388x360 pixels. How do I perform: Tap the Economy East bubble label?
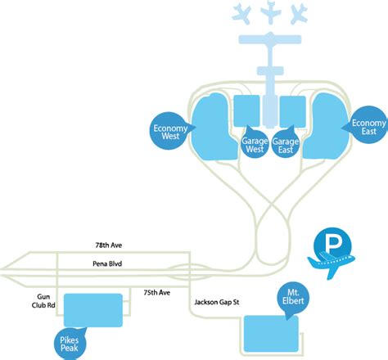click(368, 126)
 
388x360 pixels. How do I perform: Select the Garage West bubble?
click(255, 144)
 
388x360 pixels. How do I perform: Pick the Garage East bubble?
click(286, 145)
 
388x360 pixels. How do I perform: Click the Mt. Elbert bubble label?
click(293, 297)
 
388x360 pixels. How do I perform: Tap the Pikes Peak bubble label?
click(70, 344)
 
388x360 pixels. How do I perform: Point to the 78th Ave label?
click(109, 245)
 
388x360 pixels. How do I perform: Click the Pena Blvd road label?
click(107, 263)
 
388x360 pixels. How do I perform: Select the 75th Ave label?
click(157, 293)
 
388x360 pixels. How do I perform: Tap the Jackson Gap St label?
click(217, 302)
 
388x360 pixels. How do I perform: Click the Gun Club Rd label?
click(43, 301)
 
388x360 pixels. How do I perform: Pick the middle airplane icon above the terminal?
click(270, 12)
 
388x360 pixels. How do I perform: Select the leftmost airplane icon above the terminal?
click(242, 14)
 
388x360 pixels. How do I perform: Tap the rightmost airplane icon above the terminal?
click(300, 14)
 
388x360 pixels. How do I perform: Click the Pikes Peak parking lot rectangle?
click(93, 310)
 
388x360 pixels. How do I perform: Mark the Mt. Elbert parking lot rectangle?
click(271, 334)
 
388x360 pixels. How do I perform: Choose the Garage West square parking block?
click(246, 110)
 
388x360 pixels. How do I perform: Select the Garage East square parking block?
click(293, 111)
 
